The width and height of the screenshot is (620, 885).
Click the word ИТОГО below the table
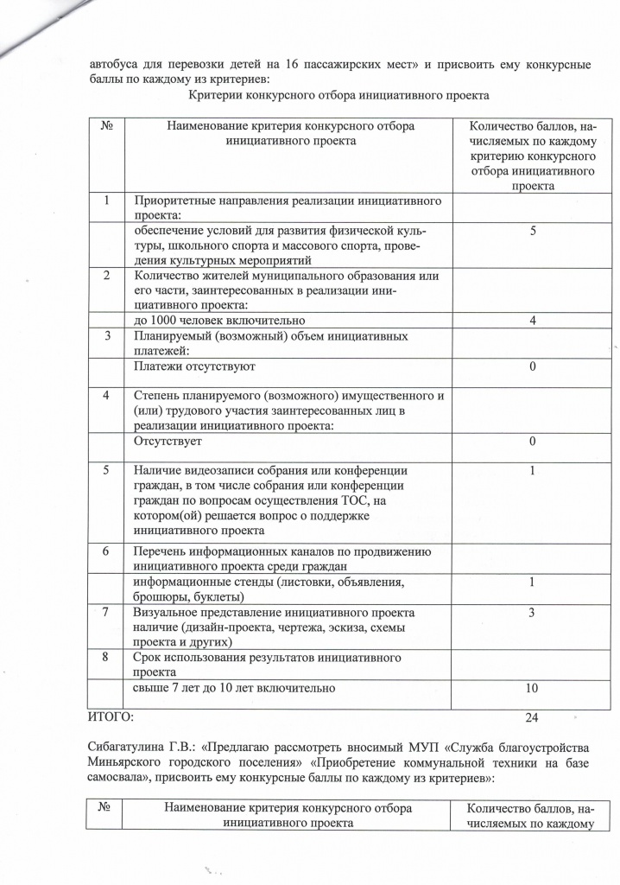[111, 717]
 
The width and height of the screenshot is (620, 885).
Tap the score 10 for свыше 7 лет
[532, 688]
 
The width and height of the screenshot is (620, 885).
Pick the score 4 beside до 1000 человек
[533, 320]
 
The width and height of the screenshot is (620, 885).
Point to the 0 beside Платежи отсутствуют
[533, 366]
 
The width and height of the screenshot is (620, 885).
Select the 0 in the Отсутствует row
[533, 442]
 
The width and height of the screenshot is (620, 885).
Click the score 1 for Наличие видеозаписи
[533, 471]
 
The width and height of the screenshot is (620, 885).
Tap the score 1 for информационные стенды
[533, 583]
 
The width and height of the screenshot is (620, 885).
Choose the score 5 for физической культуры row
[533, 231]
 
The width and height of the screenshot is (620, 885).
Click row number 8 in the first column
[105, 657]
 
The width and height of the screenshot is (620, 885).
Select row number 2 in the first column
[105, 276]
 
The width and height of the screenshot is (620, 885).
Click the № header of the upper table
[108, 126]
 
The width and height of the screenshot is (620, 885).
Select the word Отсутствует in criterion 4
[168, 442]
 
